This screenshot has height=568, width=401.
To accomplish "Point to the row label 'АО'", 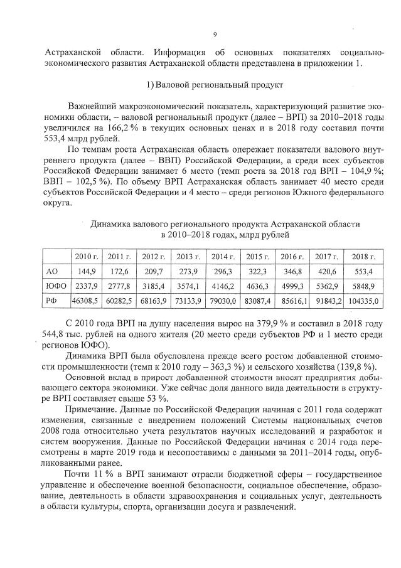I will pyautogui.click(x=53, y=271).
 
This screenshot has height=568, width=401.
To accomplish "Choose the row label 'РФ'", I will pyautogui.click(x=53, y=301).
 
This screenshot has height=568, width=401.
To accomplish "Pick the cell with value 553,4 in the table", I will pyautogui.click(x=363, y=271).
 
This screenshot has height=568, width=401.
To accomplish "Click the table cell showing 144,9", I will pyautogui.click(x=86, y=271).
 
